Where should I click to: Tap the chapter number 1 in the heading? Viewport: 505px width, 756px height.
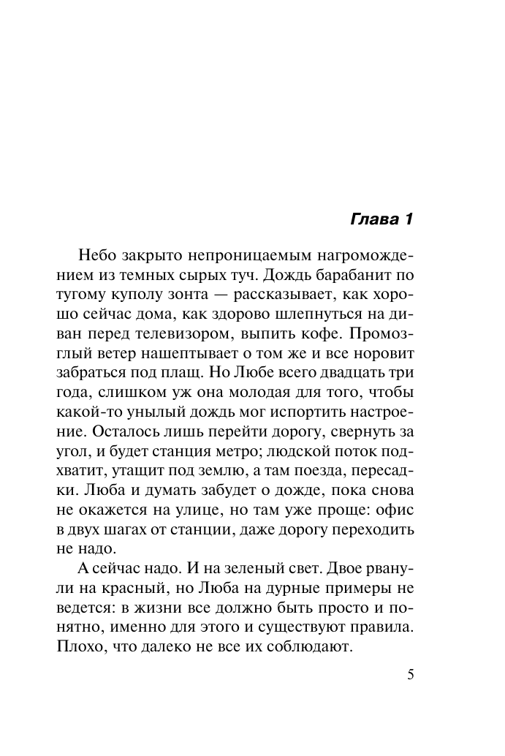pyautogui.click(x=409, y=219)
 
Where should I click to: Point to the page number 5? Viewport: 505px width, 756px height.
pyautogui.click(x=410, y=674)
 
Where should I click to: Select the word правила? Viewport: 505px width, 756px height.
pyautogui.click(x=381, y=627)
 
